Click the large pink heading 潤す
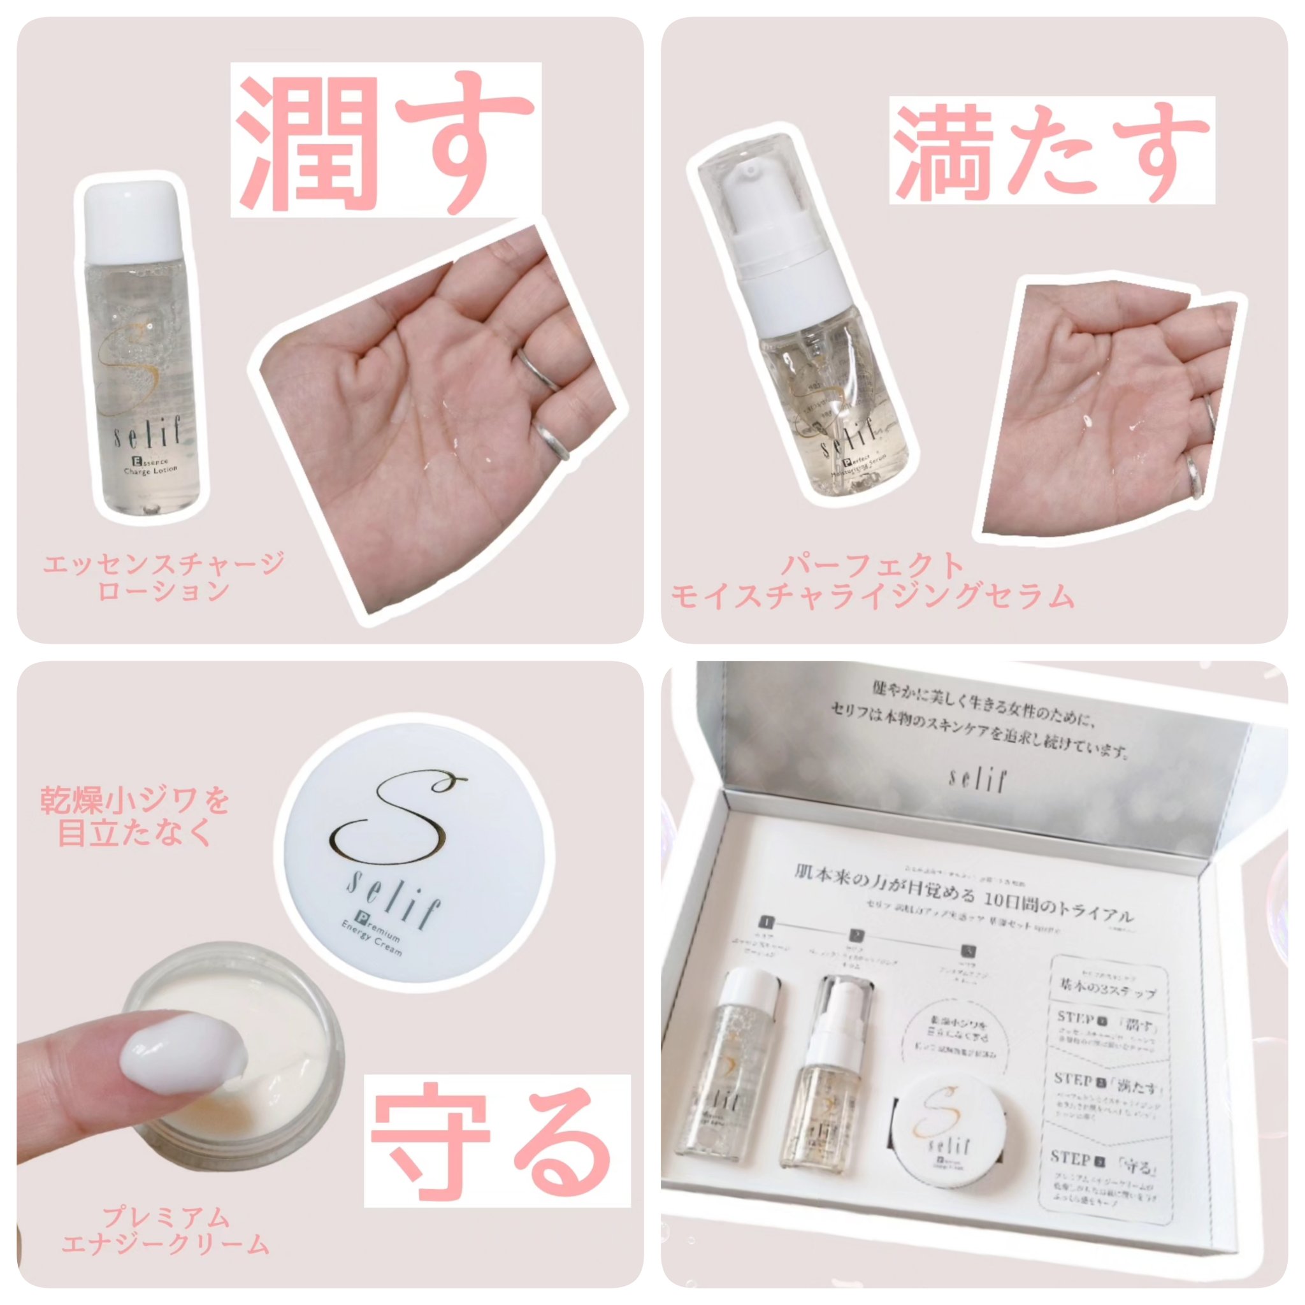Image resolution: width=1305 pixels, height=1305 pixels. click(385, 140)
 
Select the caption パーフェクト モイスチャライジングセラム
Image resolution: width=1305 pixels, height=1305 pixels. click(871, 582)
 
